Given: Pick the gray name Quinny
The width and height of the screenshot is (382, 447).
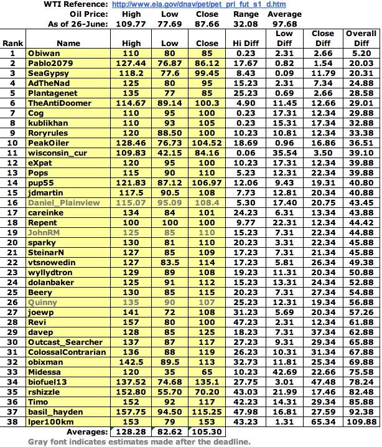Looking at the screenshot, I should coord(42,302).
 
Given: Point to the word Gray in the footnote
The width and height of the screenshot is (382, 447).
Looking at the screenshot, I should coord(39,441).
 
